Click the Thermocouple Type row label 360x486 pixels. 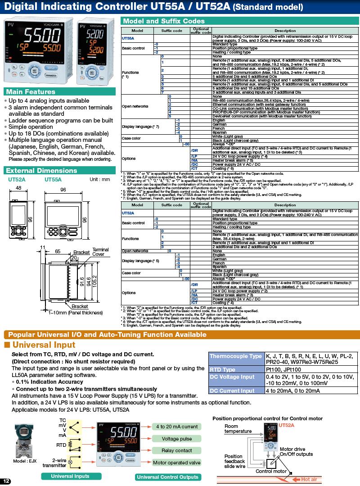pos(235,356)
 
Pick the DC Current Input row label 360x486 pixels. pos(232,391)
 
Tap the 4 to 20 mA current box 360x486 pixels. pos(177,427)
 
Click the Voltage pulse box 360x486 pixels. pos(177,439)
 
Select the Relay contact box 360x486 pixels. pos(177,450)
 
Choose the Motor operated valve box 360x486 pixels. pos(177,463)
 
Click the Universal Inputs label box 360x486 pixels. pos(70,476)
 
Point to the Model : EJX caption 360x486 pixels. pos(25,461)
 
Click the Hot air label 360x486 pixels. pos(309,480)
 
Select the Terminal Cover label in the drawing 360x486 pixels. pos(101,252)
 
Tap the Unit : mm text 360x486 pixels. pos(100,179)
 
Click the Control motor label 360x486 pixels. pos(271,471)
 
